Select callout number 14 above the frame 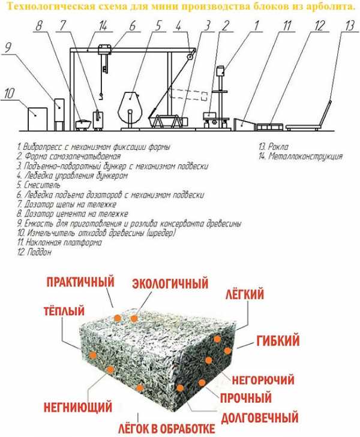pyautogui.click(x=103, y=25)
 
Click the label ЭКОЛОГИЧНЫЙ pyautogui.click(x=170, y=282)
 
